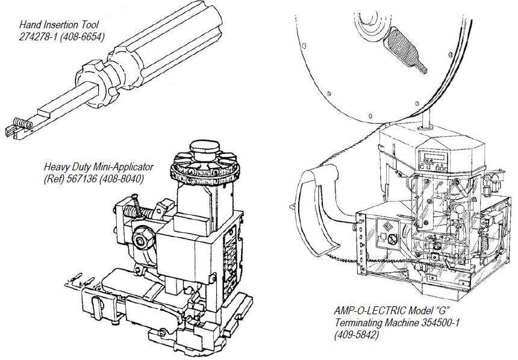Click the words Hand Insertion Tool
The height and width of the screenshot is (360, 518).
coord(58,25)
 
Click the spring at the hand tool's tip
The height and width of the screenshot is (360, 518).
coord(22,123)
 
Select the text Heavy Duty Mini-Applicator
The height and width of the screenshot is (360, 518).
coord(99,167)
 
